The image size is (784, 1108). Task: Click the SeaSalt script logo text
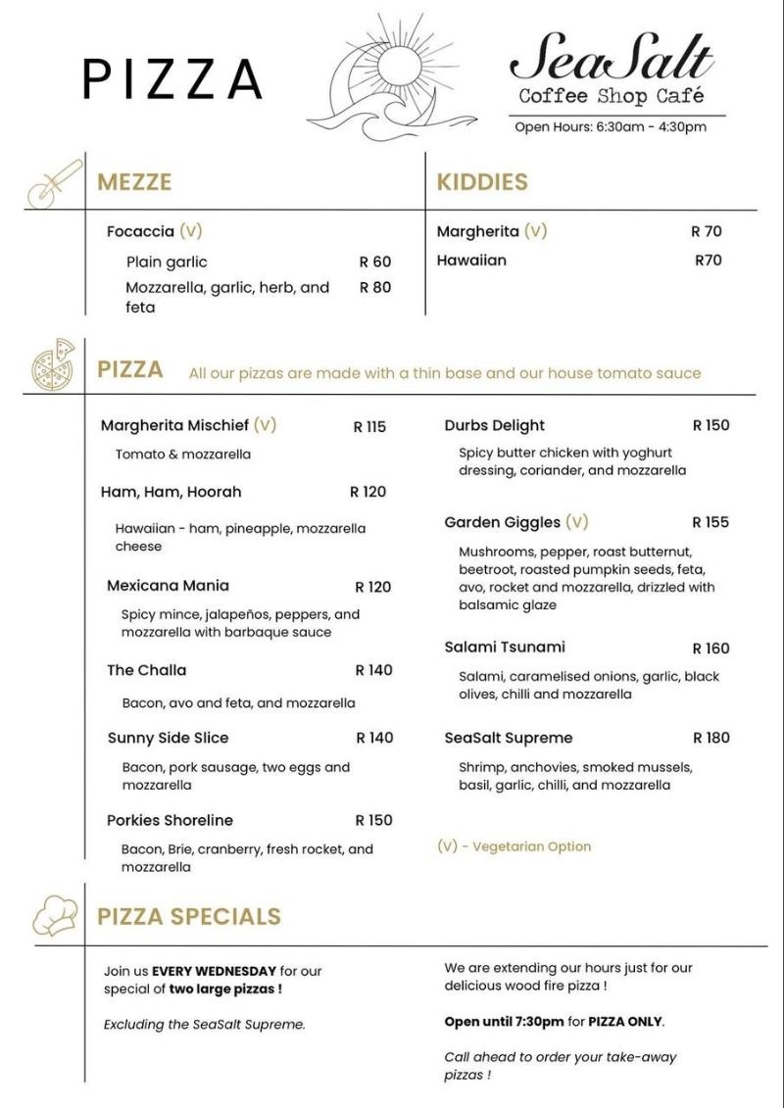tap(612, 59)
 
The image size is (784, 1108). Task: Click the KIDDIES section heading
tap(482, 182)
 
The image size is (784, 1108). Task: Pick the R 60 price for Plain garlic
tap(374, 262)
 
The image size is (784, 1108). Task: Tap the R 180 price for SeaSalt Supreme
tap(710, 738)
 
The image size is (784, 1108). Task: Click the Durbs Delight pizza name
tap(494, 425)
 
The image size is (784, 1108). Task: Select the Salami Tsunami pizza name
tap(504, 647)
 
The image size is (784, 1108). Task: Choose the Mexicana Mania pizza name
tap(168, 585)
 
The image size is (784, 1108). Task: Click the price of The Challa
tap(373, 670)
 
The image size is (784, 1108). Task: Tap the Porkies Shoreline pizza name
tap(170, 820)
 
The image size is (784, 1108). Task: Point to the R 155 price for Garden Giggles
tap(710, 522)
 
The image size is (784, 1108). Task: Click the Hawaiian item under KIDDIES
tap(471, 261)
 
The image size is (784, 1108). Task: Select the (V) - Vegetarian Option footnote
tap(514, 845)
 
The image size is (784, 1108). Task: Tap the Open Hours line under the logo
tap(611, 126)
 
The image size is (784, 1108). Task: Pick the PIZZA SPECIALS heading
tap(188, 916)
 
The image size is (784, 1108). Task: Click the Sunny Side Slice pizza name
tap(168, 738)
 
